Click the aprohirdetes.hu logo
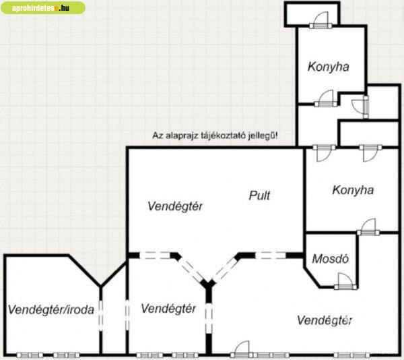click(43, 8)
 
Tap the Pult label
click(259, 196)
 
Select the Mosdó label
click(326, 260)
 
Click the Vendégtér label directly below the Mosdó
click(325, 320)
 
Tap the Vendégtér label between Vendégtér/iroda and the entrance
click(169, 309)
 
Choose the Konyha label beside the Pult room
click(352, 190)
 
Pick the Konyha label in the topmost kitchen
click(328, 67)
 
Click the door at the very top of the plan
click(318, 22)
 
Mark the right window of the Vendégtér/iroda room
click(65, 355)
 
